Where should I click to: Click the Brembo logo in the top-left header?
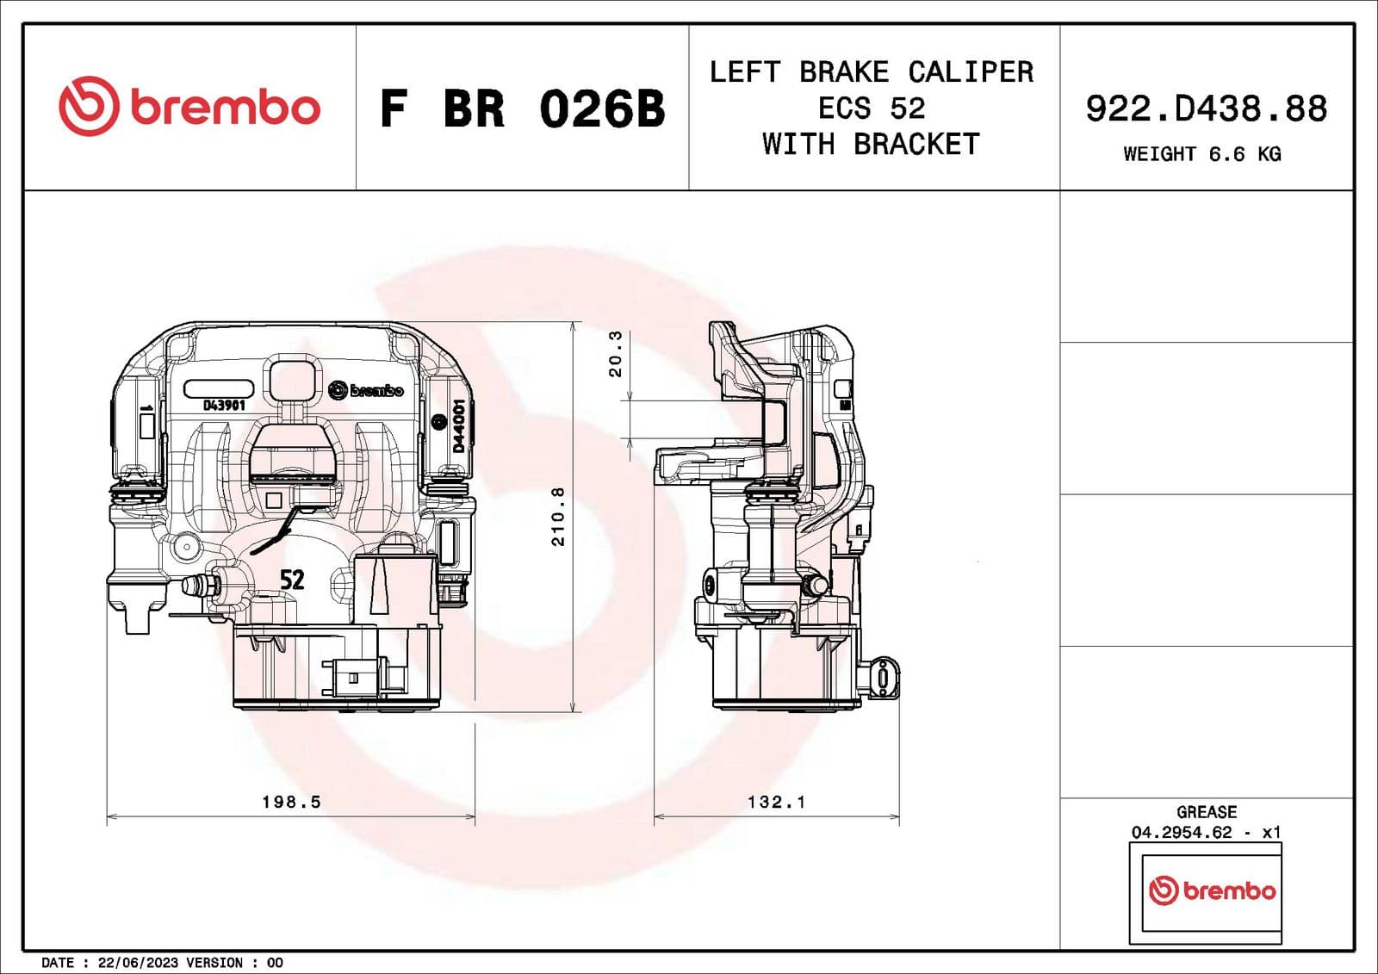pyautogui.click(x=189, y=107)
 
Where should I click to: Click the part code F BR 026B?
pyautogui.click(x=522, y=109)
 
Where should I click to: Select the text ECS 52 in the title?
pyautogui.click(x=872, y=109)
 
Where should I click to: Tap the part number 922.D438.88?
pyautogui.click(x=1206, y=109)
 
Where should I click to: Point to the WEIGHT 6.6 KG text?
pyautogui.click(x=1201, y=154)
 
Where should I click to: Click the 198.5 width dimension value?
pyautogui.click(x=291, y=802)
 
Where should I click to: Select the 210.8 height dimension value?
pyautogui.click(x=558, y=517)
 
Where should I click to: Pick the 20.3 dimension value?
pyautogui.click(x=615, y=354)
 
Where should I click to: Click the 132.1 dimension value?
pyautogui.click(x=776, y=802)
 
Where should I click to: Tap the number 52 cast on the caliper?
pyautogui.click(x=292, y=580)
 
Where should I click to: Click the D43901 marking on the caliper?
pyautogui.click(x=224, y=405)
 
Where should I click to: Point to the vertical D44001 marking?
pyautogui.click(x=458, y=425)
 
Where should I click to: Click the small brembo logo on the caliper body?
pyautogui.click(x=366, y=391)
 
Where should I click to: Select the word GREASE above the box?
pyautogui.click(x=1206, y=812)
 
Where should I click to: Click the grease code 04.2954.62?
pyautogui.click(x=1182, y=832)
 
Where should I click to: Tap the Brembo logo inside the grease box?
pyautogui.click(x=1212, y=890)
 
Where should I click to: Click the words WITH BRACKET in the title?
pyautogui.click(x=871, y=144)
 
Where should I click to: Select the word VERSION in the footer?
pyautogui.click(x=214, y=963)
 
